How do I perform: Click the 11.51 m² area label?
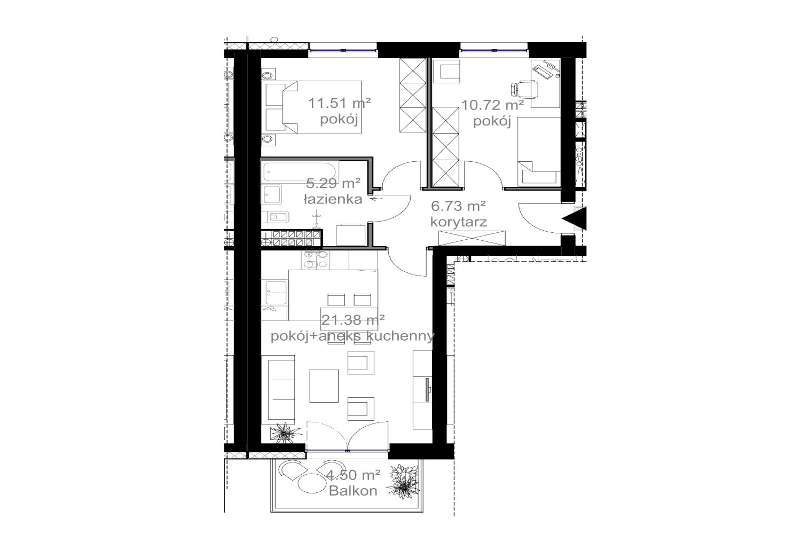click(x=339, y=104)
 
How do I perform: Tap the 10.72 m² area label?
click(x=492, y=106)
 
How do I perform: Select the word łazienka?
click(x=333, y=199)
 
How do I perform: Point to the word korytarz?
click(x=458, y=222)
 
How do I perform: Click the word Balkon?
click(x=353, y=491)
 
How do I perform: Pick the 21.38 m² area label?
click(x=353, y=319)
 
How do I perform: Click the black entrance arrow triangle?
click(x=574, y=218)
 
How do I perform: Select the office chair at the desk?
click(x=524, y=89)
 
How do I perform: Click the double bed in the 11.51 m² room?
click(x=313, y=107)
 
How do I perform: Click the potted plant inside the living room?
click(x=285, y=433)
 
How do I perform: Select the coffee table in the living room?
click(x=324, y=386)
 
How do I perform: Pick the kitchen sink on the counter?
click(x=276, y=293)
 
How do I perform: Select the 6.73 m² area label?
click(x=458, y=206)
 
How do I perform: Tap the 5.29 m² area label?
click(x=333, y=184)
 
